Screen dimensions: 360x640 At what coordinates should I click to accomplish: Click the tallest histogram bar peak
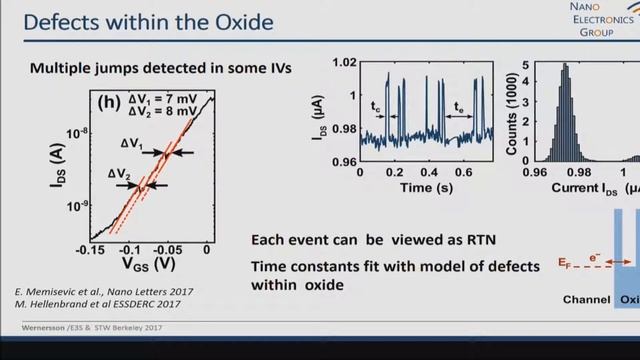tap(565, 66)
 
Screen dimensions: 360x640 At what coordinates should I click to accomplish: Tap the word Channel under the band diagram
tap(584, 299)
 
